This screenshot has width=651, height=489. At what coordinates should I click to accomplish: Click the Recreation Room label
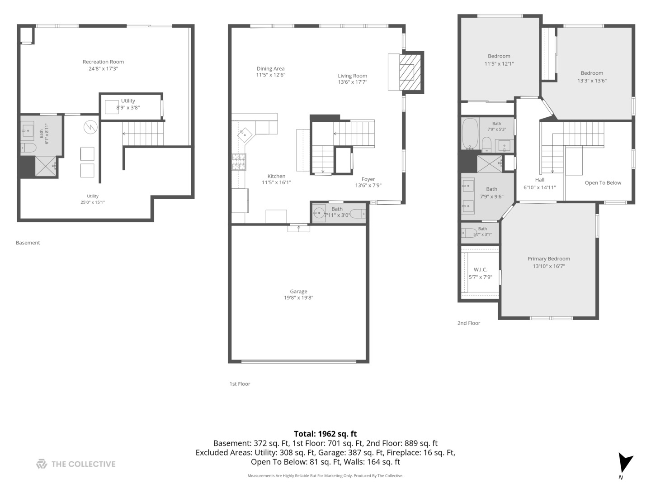point(103,62)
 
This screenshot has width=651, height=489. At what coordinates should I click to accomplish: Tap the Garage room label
point(298,291)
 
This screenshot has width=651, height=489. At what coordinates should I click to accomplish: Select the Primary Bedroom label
point(549,259)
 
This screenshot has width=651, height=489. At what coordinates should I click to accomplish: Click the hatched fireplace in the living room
point(410,72)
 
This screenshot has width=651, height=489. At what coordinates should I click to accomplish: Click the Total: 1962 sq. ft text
point(325,434)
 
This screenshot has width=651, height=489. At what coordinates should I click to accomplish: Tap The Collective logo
point(76,464)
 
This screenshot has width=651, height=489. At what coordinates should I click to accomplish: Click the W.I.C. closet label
point(480,269)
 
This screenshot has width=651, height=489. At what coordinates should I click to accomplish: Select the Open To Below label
point(603,183)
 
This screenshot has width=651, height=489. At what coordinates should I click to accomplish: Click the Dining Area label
point(270,68)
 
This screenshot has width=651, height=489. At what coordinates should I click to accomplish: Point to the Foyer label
point(368,179)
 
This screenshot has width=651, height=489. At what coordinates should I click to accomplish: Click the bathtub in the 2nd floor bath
point(470,134)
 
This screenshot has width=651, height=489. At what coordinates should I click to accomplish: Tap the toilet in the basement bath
point(28,147)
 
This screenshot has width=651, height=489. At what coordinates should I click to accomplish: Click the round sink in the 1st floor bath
point(319,213)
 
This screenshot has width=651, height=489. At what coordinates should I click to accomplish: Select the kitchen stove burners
point(239,162)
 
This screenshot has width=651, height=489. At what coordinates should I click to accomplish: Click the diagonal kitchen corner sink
point(245,135)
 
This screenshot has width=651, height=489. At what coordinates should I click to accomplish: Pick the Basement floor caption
point(28,243)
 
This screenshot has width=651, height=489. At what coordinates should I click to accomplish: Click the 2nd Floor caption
point(469,323)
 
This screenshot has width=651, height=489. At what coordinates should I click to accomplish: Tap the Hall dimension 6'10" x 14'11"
point(539,187)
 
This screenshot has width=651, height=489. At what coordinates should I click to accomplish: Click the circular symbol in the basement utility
point(90,127)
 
